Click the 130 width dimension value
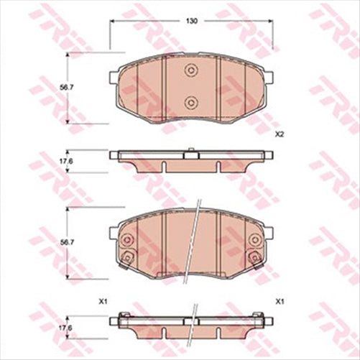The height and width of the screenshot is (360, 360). coord(191,22)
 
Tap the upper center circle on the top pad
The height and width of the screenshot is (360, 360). coord(191,70)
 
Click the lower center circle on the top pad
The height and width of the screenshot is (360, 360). coord(191,101)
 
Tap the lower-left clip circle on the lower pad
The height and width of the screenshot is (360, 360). coord(127,257)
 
